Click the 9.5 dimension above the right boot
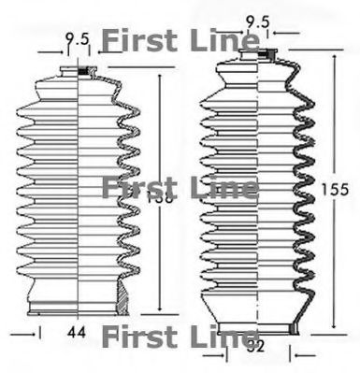click(254, 19)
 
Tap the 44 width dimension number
click(78, 331)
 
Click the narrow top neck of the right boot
click(254, 55)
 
